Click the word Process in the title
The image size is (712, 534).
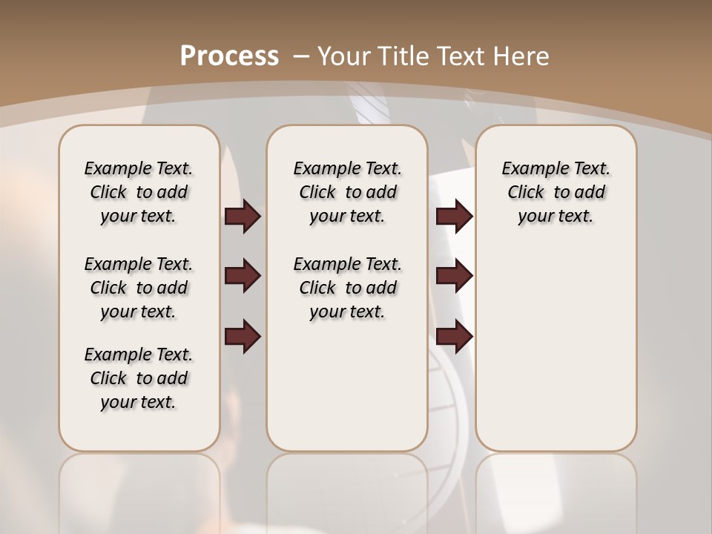pos(229,56)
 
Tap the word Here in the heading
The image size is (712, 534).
pos(522,56)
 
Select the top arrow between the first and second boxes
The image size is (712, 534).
pos(243,217)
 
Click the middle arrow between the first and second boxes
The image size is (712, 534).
pos(243,277)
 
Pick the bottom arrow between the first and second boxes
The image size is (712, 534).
pos(243,337)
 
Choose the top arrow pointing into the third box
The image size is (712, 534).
pos(454,217)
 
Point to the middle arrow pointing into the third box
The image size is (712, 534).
pos(454,277)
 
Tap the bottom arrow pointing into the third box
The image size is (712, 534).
pos(454,337)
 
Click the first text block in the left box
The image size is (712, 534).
pos(139,192)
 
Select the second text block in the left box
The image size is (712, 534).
pos(139,288)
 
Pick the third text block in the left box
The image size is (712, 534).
pos(139,378)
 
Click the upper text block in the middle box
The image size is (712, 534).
pos(347,192)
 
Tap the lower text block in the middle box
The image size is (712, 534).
pos(347,288)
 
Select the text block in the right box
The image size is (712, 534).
pos(556,192)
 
